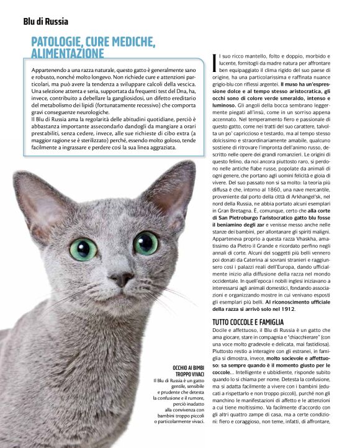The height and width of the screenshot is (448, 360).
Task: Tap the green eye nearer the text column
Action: click(146, 243)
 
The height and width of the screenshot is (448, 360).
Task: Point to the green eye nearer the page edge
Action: click(83, 248)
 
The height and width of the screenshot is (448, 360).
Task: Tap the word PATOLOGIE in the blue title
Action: click(63, 42)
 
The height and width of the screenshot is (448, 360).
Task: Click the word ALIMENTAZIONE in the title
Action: click(68, 54)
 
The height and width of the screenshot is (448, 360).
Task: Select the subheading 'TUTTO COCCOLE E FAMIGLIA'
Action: click(248, 323)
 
